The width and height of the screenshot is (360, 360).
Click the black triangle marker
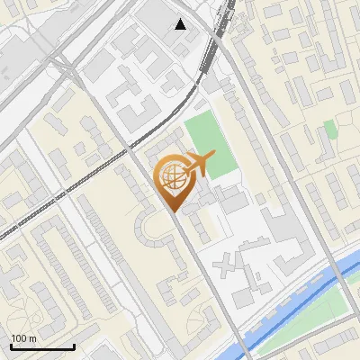click(181, 24)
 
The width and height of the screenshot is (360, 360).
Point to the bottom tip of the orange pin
click(173, 212)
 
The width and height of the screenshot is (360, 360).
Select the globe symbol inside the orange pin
click(171, 177)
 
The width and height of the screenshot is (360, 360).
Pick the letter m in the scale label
click(33, 338)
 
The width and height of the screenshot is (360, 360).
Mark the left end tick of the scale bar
click(10, 346)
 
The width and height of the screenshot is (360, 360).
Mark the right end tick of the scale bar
click(74, 346)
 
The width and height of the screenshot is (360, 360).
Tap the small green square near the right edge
click(330, 129)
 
